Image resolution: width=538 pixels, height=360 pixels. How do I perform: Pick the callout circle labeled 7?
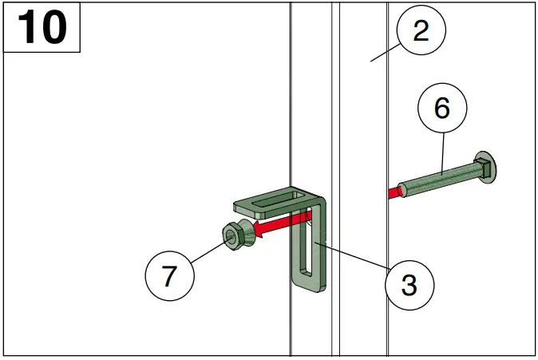[x=168, y=276]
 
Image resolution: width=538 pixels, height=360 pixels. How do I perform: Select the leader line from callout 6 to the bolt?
[x=441, y=152]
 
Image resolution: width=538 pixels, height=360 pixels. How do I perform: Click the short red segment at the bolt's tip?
[x=394, y=192]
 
